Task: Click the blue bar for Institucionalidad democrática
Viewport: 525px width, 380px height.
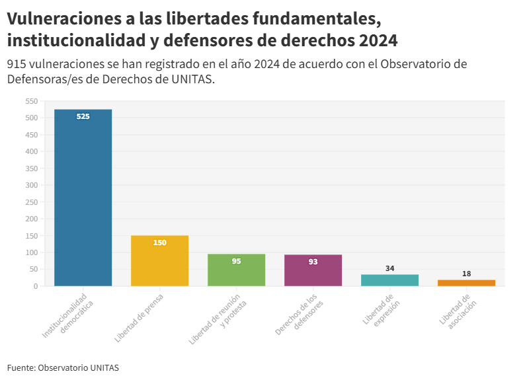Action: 83,198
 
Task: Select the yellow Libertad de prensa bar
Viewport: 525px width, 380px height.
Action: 159,261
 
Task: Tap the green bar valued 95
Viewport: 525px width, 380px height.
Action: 236,270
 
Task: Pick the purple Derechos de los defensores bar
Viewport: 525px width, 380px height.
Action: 313,270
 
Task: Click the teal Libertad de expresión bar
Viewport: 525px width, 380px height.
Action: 389,280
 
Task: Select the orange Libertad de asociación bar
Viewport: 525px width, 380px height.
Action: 466,283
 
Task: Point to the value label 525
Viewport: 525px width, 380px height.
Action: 83,116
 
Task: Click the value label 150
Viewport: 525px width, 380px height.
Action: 159,243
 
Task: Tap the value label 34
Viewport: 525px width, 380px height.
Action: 389,268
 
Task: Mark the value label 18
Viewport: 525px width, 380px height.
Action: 466,274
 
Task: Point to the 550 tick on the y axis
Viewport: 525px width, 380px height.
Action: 31,101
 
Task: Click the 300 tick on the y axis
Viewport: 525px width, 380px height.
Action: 31,185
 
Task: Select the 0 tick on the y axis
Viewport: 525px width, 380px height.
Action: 35,286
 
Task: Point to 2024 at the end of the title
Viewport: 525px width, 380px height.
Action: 377,40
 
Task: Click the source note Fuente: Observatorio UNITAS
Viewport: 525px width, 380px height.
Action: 63,367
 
